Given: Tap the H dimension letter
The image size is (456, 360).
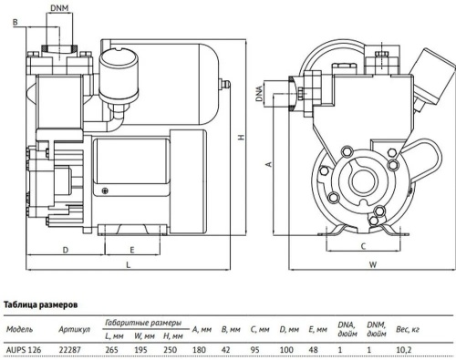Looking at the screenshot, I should (240, 137).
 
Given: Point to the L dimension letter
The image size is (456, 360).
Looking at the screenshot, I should (127, 264).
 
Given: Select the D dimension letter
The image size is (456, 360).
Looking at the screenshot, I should (66, 248).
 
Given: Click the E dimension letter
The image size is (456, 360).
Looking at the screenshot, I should (131, 248).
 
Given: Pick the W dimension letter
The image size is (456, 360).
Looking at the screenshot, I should (373, 264).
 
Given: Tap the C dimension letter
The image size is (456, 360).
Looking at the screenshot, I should (363, 246).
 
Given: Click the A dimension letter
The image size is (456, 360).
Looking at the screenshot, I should (266, 164).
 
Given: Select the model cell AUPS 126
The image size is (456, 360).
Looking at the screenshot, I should (24, 348).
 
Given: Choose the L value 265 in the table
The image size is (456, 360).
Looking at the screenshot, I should (112, 348).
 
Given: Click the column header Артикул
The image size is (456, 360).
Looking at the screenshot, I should (73, 328).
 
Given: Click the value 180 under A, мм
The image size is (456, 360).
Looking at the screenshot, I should (196, 348).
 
